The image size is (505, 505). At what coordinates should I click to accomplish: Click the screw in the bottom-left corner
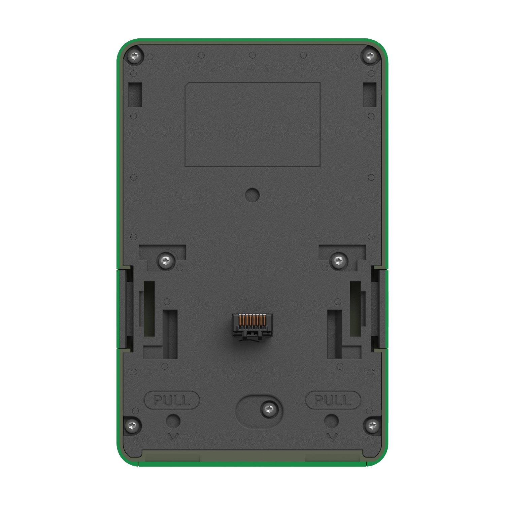click(x=134, y=426)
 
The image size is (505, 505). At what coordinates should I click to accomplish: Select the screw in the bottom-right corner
click(x=372, y=426)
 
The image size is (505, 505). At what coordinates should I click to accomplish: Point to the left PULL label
click(x=172, y=400)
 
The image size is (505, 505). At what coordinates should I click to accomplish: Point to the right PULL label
click(x=333, y=400)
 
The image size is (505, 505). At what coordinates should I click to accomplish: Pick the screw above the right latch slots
click(x=339, y=260)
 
